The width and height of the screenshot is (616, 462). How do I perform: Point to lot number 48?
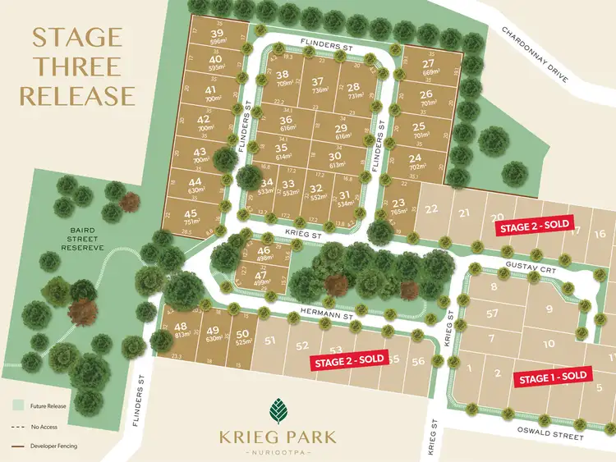click(x=181, y=330)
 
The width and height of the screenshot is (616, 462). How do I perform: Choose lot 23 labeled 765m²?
click(x=399, y=208)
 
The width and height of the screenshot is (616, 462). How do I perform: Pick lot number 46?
click(x=264, y=254)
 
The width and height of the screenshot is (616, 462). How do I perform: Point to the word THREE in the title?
click(x=76, y=66)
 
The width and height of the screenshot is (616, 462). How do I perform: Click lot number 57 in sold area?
click(x=493, y=313)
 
